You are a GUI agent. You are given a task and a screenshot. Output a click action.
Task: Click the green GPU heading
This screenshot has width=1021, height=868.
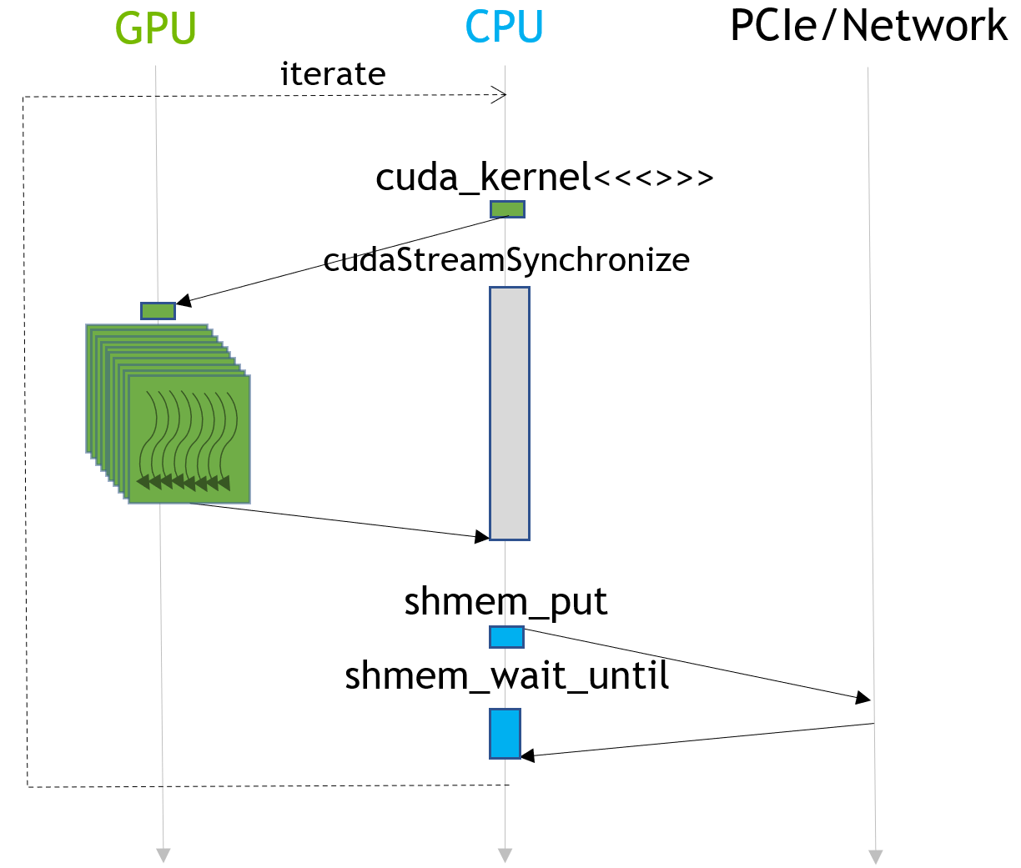pos(155,28)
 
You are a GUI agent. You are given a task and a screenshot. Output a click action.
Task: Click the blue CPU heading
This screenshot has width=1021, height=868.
pos(504,28)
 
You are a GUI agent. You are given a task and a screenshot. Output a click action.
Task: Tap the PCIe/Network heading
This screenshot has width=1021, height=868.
pos(868,26)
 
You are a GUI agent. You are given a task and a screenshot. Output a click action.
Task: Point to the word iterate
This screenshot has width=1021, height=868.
pos(333,74)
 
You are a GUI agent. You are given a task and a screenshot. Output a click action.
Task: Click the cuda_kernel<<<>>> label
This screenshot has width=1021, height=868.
pos(544,177)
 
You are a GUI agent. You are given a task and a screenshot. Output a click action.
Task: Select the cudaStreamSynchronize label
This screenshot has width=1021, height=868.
pos(506,259)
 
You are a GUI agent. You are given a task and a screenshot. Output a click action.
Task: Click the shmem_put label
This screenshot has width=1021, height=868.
pos(505,601)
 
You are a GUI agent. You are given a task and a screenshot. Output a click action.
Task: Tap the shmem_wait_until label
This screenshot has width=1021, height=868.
pos(506,675)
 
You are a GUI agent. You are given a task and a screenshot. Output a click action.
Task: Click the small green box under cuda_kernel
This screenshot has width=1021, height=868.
pos(507,209)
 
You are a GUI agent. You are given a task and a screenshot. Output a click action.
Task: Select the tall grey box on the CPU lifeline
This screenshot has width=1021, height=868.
pos(509,414)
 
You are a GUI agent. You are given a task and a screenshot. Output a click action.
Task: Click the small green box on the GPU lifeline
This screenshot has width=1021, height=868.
pos(158,311)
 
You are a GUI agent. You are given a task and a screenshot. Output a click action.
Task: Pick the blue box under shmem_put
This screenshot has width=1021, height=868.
pos(506,638)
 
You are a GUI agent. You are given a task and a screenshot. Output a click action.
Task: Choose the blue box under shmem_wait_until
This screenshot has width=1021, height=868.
pos(505,734)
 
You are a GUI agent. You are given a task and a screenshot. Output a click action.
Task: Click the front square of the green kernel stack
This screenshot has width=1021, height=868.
pos(189,439)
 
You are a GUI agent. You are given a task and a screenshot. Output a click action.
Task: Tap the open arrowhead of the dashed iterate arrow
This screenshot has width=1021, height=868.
pos(500,95)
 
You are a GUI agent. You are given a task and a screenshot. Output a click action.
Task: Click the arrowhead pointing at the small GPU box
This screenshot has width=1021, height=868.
pos(184,300)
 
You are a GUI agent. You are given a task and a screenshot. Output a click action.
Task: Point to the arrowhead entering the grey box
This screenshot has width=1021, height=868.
pos(481,536)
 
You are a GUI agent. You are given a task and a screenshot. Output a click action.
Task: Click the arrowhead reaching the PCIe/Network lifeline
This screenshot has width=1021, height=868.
pos(864,698)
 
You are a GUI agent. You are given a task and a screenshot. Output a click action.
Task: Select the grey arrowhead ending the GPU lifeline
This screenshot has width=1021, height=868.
pos(163,855)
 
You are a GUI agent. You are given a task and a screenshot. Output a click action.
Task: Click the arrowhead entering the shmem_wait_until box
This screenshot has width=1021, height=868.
pos(527,756)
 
